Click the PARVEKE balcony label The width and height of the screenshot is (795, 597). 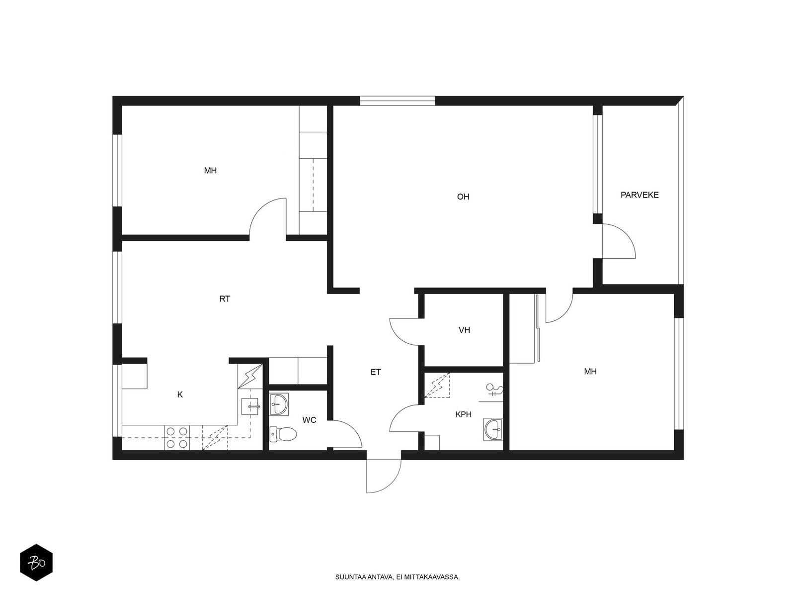(x=639, y=195)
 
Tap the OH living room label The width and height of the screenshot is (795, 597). (x=463, y=197)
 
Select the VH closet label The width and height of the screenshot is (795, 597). (x=464, y=330)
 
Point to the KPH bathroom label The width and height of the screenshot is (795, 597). (x=463, y=414)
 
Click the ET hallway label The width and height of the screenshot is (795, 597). (x=376, y=372)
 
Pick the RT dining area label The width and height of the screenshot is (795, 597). (x=225, y=299)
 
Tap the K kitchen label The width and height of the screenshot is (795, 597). (x=180, y=395)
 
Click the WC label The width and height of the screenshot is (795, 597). (x=309, y=420)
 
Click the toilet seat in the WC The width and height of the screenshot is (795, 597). (x=283, y=434)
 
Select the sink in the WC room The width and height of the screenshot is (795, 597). (x=279, y=404)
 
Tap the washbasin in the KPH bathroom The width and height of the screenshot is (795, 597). (x=493, y=429)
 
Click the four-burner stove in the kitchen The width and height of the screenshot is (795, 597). (x=177, y=437)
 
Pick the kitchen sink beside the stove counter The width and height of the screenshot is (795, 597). (x=250, y=406)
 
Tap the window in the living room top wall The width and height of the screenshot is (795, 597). (x=397, y=101)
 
